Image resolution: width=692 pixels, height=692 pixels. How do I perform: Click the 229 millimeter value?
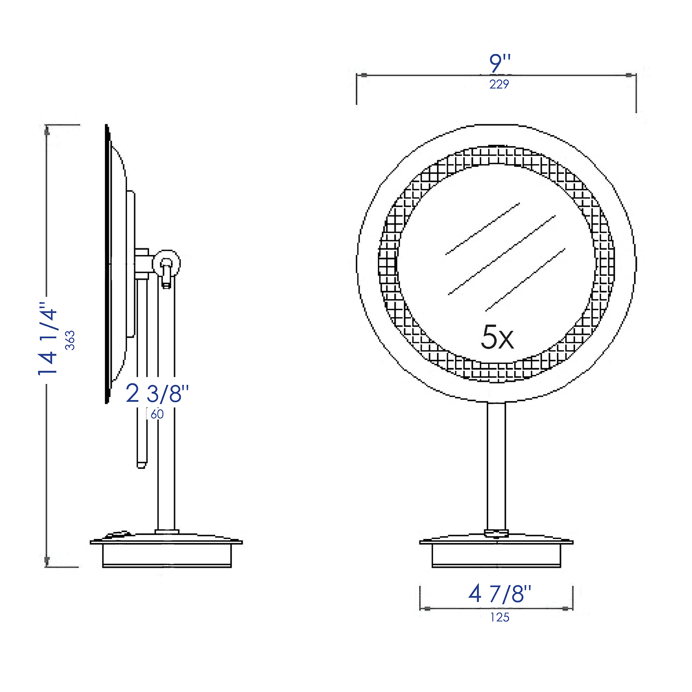click(499, 84)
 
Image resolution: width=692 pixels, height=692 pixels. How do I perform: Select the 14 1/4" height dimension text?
click(48, 338)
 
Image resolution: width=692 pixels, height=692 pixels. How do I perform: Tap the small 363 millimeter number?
click(70, 340)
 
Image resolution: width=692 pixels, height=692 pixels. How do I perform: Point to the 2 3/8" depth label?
click(157, 393)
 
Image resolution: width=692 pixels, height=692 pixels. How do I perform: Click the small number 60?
click(157, 414)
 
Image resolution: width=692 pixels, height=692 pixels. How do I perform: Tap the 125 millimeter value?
click(500, 617)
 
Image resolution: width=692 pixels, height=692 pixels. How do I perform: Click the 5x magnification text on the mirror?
click(497, 337)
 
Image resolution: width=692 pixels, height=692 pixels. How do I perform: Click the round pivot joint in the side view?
click(166, 264)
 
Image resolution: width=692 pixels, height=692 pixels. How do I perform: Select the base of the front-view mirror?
click(496, 553)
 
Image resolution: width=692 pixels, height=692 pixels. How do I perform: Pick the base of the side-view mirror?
click(166, 553)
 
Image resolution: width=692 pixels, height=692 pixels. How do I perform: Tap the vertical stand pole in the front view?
click(496, 466)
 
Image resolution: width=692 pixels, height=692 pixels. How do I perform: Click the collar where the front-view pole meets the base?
click(496, 533)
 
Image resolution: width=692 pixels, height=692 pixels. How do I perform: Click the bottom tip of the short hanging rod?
click(142, 466)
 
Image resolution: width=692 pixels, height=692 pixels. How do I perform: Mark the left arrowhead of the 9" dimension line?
click(364, 75)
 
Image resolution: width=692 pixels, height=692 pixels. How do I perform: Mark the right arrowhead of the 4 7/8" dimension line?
click(565, 608)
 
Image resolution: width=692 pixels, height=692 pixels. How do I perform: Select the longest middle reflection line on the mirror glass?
click(501, 255)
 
